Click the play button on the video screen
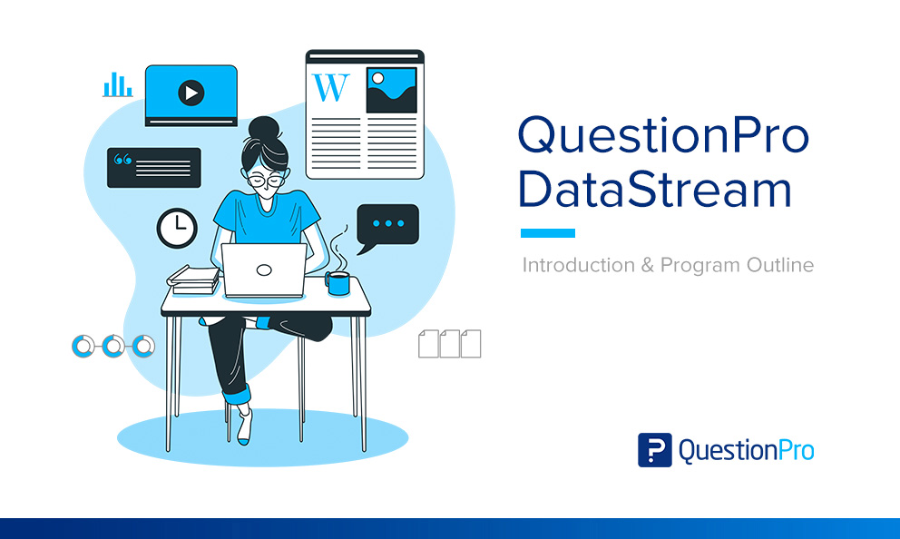191,93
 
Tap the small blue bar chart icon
118,85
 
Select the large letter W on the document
330,87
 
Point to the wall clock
177,228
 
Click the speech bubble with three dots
387,225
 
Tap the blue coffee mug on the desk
338,283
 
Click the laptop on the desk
264,269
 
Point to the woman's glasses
265,180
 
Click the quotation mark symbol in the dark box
122,161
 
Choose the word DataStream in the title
654,190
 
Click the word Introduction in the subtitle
578,266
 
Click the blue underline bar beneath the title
547,233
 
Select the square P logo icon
655,450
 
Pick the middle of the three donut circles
112,346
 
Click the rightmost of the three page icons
471,344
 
